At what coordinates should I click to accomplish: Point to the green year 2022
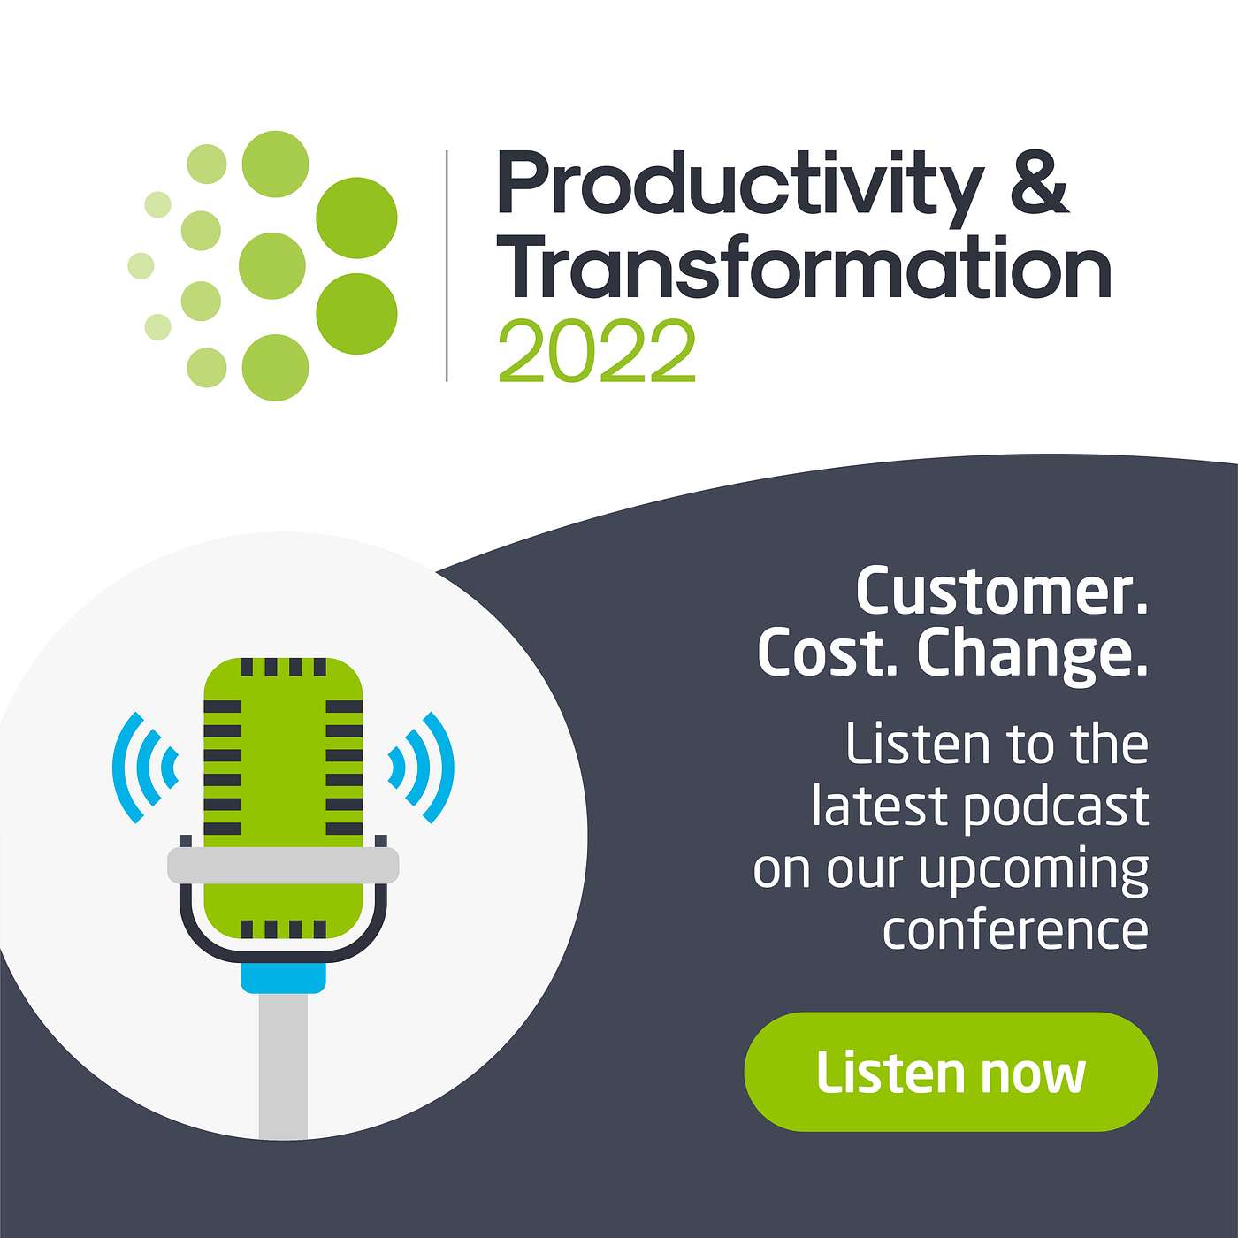point(597,351)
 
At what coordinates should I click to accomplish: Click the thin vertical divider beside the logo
point(447,266)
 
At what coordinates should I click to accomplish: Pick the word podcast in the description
point(1056,809)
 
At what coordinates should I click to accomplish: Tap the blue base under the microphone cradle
point(283,976)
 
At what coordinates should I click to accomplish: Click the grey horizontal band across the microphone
point(283,866)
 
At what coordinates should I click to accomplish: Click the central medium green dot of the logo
point(271,266)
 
